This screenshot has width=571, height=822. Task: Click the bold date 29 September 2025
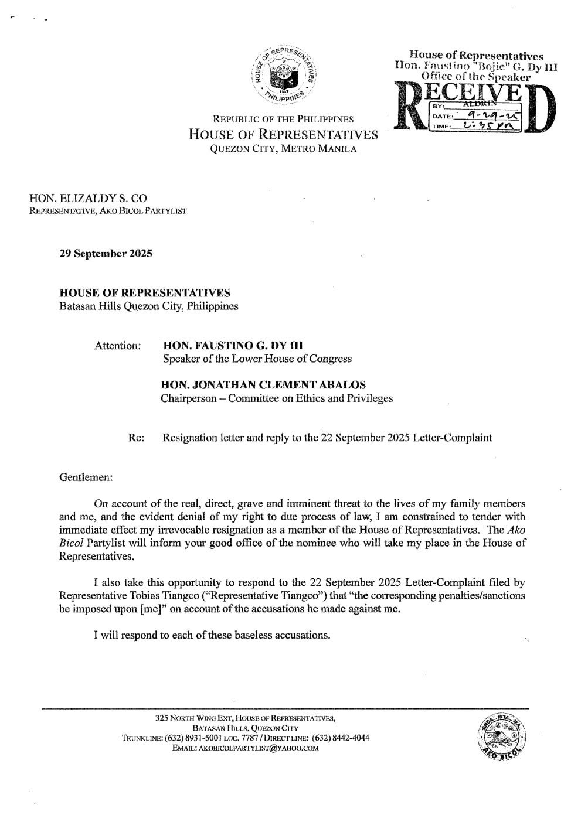106,254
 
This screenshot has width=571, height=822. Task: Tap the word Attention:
117,346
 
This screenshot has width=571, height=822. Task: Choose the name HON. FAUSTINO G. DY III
233,346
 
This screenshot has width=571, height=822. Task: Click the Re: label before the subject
136,438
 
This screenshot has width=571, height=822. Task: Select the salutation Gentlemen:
86,477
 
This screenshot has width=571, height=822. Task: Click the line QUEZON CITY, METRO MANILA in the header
283,149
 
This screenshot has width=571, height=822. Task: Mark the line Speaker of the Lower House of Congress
257,359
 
